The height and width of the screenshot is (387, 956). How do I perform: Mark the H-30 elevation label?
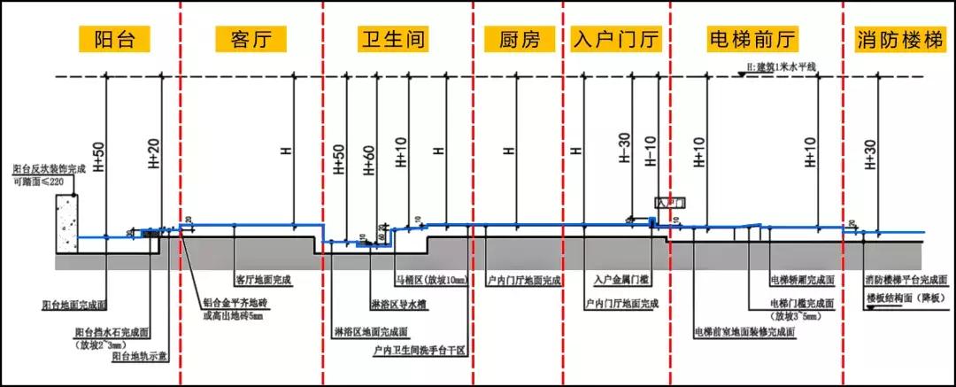pos(625,151)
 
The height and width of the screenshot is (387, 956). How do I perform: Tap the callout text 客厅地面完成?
pos(263,280)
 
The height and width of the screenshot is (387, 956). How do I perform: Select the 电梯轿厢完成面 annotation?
pos(802,281)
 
